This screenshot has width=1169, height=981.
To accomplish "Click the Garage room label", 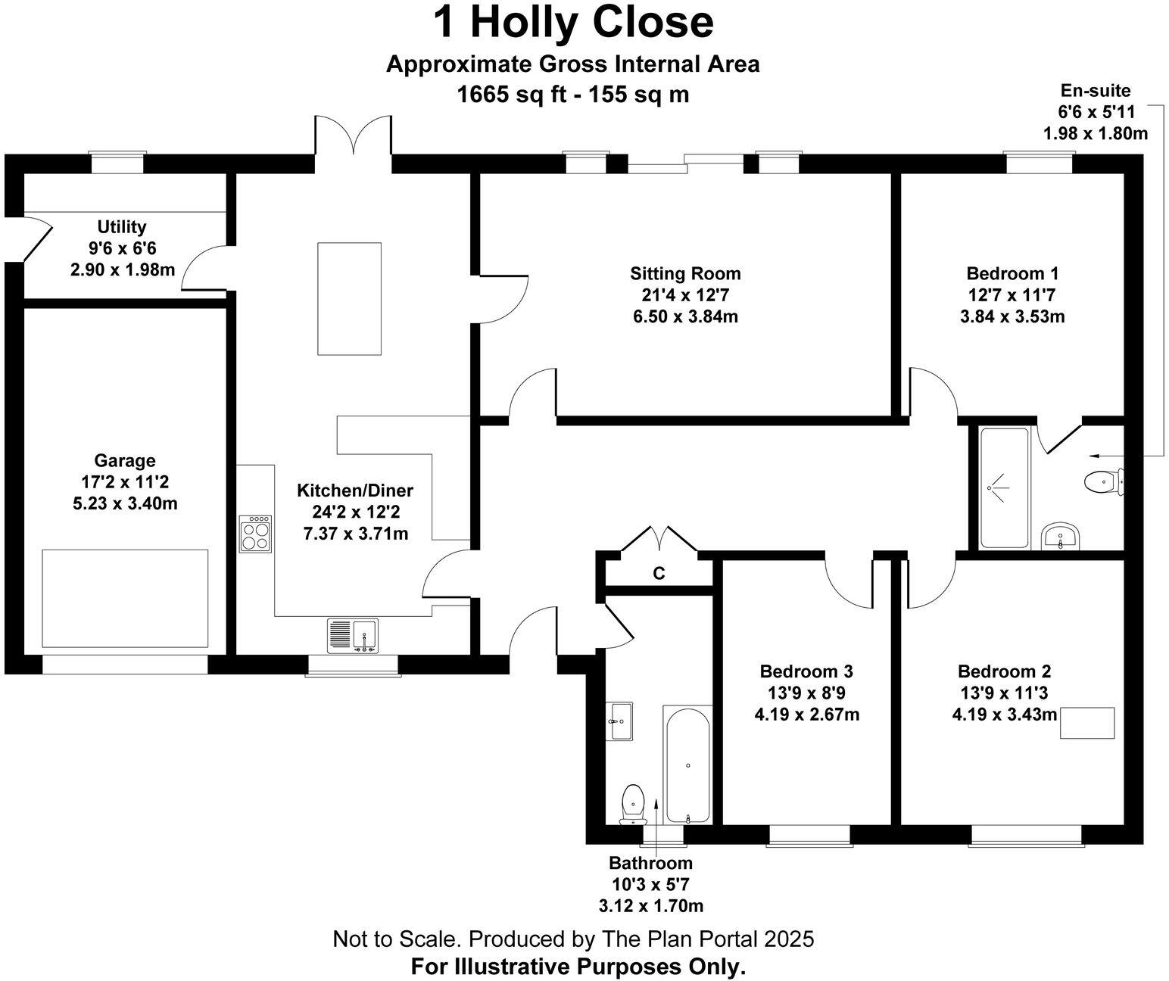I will (x=125, y=460).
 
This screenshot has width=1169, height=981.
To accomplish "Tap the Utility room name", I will (x=122, y=226).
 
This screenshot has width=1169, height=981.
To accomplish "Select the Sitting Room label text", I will (x=685, y=273).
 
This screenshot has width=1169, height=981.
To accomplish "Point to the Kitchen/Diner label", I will (x=355, y=490).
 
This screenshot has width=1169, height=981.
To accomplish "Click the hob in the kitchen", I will (x=255, y=533).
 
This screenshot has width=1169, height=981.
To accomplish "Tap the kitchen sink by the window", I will (x=353, y=635).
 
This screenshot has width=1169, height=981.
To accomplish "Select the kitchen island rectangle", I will (x=349, y=298).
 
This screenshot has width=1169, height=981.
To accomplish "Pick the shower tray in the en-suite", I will (x=1004, y=488).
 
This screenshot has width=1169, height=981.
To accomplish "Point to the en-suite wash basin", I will (x=1061, y=535).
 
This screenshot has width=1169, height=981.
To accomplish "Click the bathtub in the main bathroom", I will (x=687, y=765).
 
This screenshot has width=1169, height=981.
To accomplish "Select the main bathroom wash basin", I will (x=620, y=720).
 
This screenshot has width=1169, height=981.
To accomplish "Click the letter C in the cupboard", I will (x=659, y=574).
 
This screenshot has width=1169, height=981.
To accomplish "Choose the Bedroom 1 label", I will (x=1012, y=273).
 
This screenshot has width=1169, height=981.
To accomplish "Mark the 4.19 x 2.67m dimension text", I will (x=806, y=714).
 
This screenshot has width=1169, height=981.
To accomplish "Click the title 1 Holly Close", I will (x=573, y=22).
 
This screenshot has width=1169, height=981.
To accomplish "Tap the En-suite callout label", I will (x=1095, y=91).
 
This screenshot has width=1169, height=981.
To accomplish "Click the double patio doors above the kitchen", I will (x=354, y=136).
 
